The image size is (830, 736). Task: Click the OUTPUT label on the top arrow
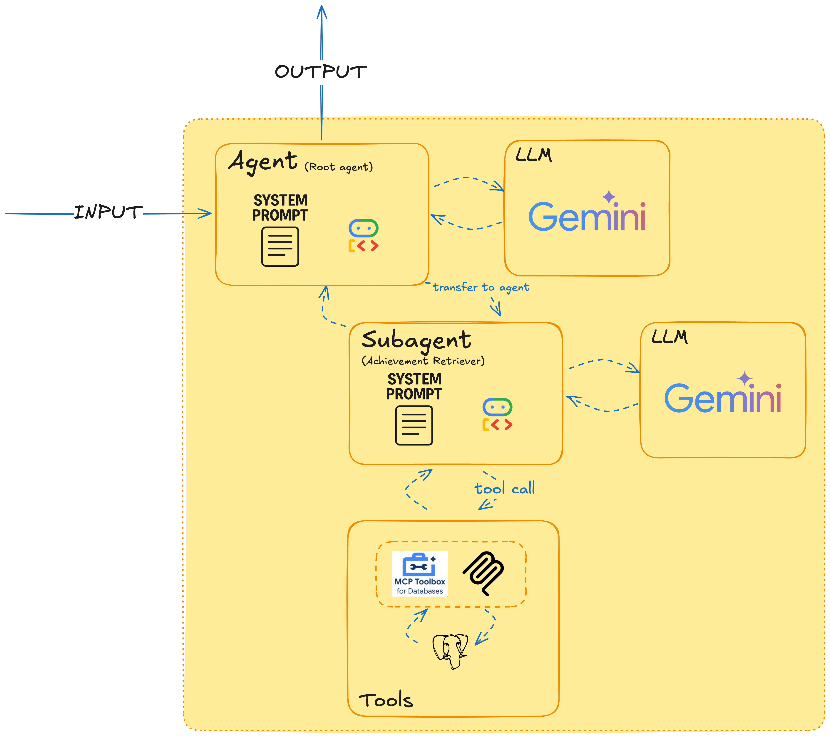pos(321,72)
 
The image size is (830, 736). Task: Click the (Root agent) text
pos(339,167)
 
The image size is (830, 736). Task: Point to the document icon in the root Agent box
pos(280,246)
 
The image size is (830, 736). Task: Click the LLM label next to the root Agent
pos(534,155)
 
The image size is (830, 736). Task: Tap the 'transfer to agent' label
pos(481,287)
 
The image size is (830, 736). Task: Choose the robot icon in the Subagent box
pos(497,414)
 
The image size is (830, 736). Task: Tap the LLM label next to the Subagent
pos(669,337)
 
